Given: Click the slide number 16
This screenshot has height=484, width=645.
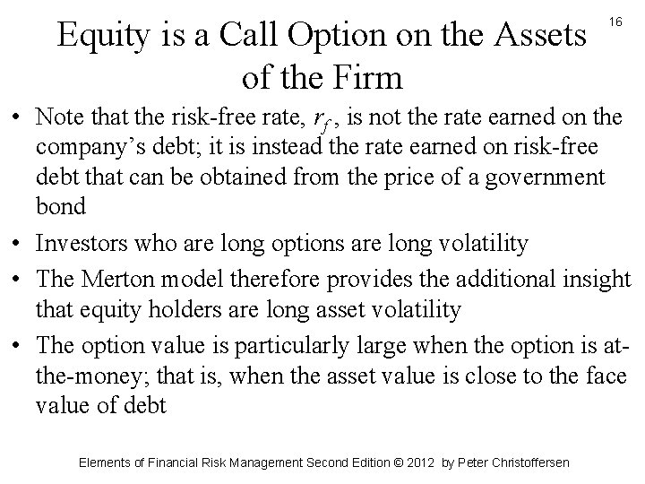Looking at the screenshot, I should point(615,19).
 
